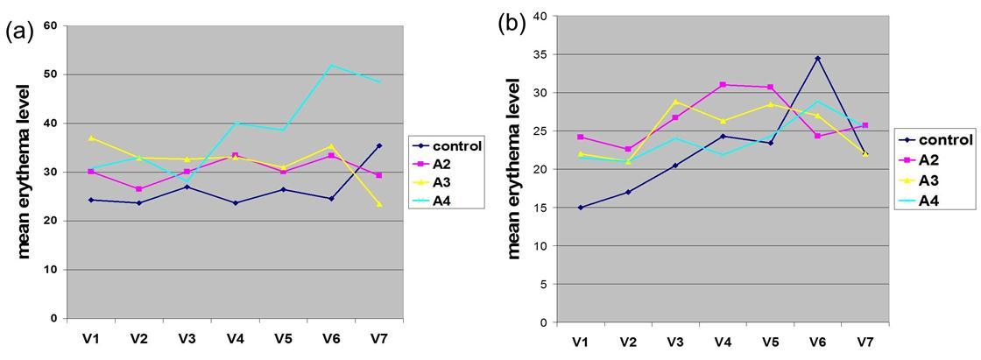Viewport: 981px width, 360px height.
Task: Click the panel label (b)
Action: [x=512, y=24]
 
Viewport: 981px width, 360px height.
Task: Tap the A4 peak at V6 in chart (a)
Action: [x=331, y=65]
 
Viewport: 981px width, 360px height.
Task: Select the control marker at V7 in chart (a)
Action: [x=378, y=145]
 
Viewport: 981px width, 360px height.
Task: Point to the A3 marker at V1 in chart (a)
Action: [x=91, y=138]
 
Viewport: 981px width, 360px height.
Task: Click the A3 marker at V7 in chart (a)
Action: [x=378, y=204]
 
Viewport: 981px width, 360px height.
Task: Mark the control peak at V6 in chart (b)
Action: [x=817, y=58]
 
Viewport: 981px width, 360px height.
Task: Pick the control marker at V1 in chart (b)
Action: [x=581, y=208]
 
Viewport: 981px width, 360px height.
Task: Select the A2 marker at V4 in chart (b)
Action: [x=723, y=84]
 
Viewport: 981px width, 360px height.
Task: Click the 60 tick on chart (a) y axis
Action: [x=51, y=25]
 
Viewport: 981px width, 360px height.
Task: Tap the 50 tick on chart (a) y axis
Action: [x=51, y=74]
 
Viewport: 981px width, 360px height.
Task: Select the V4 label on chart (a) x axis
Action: [x=234, y=336]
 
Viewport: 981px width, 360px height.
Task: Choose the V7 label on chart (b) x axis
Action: [x=865, y=341]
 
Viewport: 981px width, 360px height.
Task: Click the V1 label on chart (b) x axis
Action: [x=581, y=341]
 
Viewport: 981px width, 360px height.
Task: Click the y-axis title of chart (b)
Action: [x=515, y=168]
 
